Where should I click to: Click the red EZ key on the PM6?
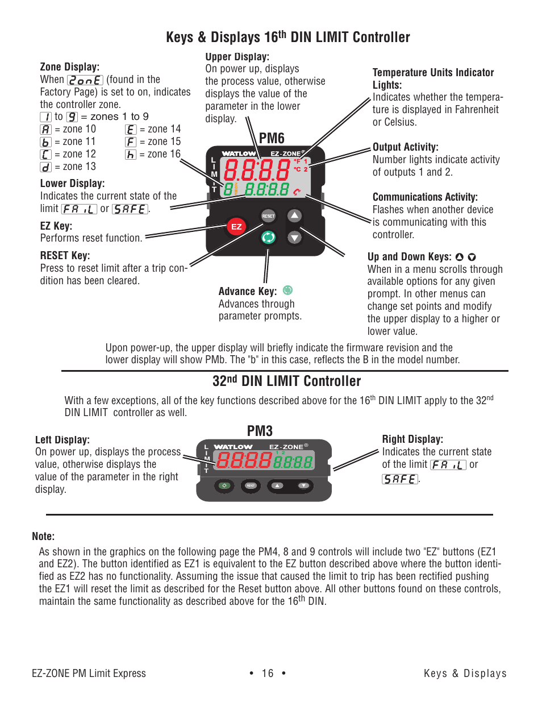236,226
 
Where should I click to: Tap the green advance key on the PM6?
268,237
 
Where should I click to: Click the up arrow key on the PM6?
294,215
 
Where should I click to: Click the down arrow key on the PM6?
294,237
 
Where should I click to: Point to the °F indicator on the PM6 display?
297,161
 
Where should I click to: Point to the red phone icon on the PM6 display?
297,192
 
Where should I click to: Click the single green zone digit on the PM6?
228,189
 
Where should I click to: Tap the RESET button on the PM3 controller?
250,485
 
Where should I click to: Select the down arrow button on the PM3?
303,485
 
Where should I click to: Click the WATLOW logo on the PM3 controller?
233,447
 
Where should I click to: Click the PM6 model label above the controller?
272,138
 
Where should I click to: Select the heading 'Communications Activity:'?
425,197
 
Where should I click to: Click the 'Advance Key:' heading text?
248,291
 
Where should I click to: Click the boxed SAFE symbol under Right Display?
400,479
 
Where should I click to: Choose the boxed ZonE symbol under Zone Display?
85,80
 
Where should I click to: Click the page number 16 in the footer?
268,673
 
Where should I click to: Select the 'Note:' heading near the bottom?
43,536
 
